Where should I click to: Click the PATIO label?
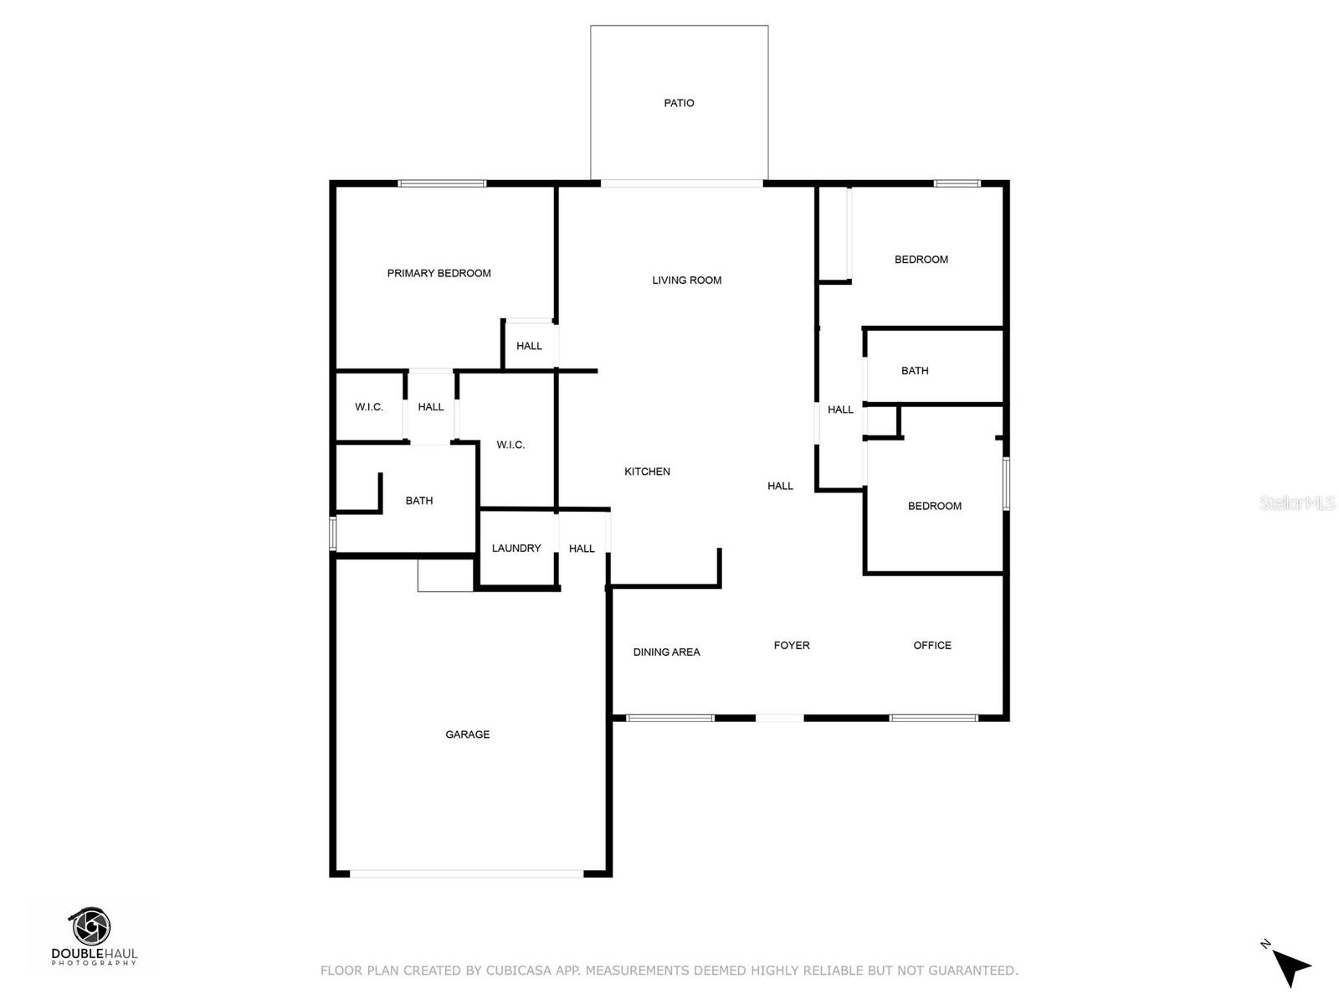(x=679, y=103)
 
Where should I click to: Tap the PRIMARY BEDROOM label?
(x=439, y=273)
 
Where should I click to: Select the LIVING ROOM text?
(x=686, y=281)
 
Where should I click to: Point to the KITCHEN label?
(x=647, y=472)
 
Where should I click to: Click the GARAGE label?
(x=467, y=734)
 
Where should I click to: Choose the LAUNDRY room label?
(x=516, y=549)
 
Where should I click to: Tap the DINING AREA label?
(x=666, y=652)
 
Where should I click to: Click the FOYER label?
(x=791, y=646)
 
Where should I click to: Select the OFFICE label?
(x=932, y=646)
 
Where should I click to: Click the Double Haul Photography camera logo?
(x=90, y=927)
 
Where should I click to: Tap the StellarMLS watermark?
(x=1297, y=503)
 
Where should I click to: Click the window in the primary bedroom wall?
(x=442, y=183)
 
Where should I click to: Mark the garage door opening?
(x=466, y=874)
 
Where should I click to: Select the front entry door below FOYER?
(x=779, y=718)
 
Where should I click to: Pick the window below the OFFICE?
(x=933, y=718)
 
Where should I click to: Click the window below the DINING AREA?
(x=669, y=718)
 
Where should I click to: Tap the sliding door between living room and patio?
(x=681, y=183)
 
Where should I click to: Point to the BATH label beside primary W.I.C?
(x=418, y=501)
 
